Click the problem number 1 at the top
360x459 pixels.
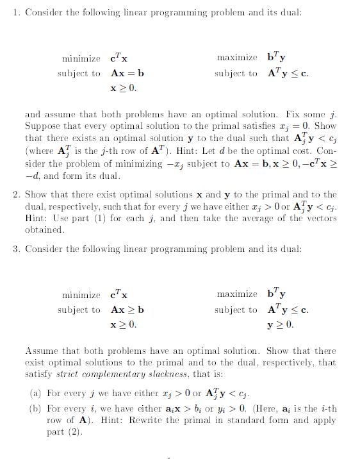(x=15, y=14)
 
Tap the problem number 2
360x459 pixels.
(x=15, y=194)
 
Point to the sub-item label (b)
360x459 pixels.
(x=37, y=408)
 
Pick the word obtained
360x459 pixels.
(x=44, y=230)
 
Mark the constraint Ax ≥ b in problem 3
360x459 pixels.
(x=127, y=310)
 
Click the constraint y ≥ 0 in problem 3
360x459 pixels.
(x=281, y=324)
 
